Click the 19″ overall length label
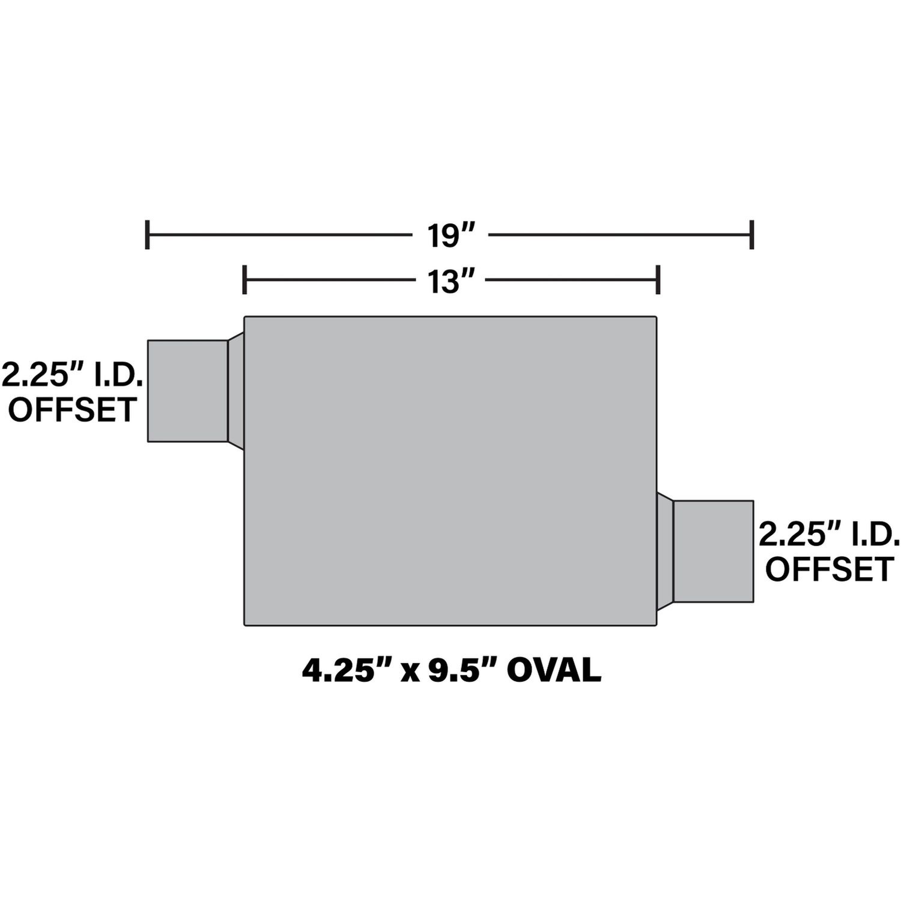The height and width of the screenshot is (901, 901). click(447, 235)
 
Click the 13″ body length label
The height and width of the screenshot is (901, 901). click(447, 281)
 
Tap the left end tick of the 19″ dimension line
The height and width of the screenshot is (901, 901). click(147, 234)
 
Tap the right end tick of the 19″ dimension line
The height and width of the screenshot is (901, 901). click(751, 234)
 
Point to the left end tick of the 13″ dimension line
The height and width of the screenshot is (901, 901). click(244, 280)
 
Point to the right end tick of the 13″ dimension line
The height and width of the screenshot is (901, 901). click(659, 280)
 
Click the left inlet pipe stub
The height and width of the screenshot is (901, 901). click(187, 391)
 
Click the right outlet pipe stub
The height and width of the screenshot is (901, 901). click(713, 551)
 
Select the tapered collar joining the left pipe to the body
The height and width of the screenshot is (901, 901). click(236, 391)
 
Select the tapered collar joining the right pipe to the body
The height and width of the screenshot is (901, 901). click(665, 551)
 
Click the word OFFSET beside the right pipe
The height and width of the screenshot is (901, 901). click(830, 569)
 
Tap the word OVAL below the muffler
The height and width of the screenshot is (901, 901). click(554, 670)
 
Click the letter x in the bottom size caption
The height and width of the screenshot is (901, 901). click(410, 672)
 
